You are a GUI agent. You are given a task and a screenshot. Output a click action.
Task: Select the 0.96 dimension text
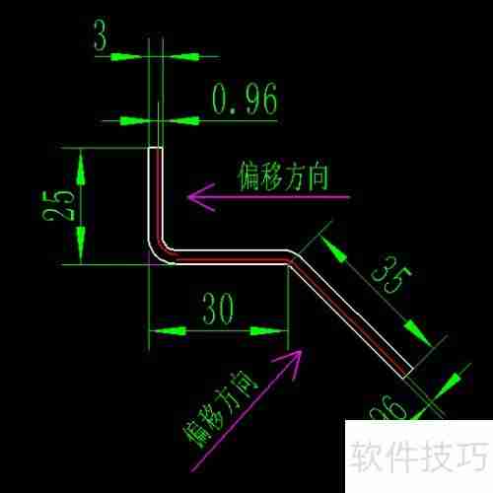[x=244, y=99]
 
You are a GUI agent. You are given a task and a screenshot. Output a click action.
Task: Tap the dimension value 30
[x=218, y=309]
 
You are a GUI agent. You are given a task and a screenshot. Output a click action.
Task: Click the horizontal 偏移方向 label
[x=283, y=176]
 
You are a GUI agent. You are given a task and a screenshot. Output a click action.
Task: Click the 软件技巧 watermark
[x=418, y=457]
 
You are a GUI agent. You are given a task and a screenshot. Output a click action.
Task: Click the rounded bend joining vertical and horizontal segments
[x=160, y=251]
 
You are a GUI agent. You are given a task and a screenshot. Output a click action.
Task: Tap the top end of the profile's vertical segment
[x=155, y=150]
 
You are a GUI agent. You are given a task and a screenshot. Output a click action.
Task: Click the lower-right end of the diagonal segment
[x=407, y=371]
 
